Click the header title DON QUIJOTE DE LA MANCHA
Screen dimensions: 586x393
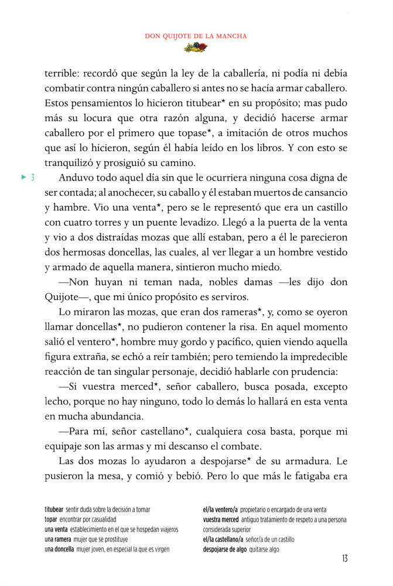pyautogui.click(x=196, y=36)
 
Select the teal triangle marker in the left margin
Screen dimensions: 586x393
pyautogui.click(x=23, y=177)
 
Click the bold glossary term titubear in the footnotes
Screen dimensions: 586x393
pyautogui.click(x=54, y=510)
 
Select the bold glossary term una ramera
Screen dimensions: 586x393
pyautogui.click(x=58, y=539)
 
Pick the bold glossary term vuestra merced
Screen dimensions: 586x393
pyautogui.click(x=221, y=520)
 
